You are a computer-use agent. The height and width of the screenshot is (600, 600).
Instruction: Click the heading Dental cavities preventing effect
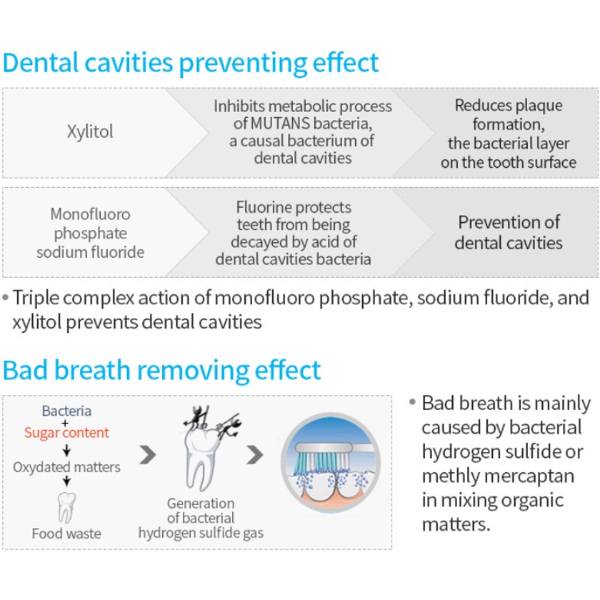pos(190,63)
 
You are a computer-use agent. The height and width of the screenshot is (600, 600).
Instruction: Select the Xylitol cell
pos(90,132)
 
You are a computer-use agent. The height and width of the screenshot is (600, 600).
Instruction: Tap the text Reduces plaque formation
pos(509,115)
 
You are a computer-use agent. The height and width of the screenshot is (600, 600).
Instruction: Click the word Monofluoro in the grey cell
pos(90,214)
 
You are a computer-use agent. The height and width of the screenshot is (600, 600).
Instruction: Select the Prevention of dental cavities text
pos(509,232)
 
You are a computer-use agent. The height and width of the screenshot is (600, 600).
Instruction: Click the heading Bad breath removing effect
pos(161,371)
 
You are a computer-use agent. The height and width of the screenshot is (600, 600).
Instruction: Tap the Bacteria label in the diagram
pos(66,411)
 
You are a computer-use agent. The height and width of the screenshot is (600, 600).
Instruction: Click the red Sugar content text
pos(66,433)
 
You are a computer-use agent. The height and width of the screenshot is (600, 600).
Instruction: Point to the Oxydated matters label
pos(66,467)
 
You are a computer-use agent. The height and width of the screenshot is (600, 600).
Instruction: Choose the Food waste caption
pos(66,533)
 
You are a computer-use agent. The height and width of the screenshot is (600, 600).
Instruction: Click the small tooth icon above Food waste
pos(66,505)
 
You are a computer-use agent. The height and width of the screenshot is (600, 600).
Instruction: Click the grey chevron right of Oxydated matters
pos(148,454)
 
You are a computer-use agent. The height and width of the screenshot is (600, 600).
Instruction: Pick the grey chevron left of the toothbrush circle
pos(255,454)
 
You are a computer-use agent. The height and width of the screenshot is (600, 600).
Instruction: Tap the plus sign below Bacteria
pos(66,422)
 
